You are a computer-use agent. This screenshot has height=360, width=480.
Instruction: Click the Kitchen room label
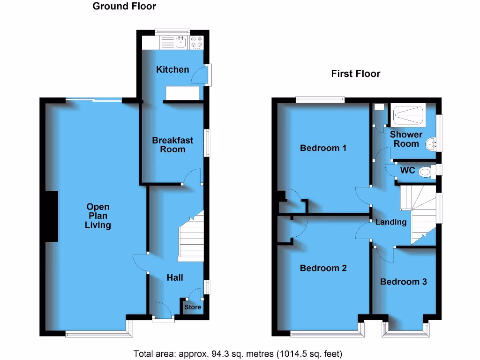point(172,69)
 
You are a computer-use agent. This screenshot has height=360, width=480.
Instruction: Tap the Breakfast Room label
point(172,144)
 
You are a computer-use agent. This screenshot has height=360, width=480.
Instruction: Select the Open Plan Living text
point(97,216)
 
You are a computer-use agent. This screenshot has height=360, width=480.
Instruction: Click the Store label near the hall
point(192,307)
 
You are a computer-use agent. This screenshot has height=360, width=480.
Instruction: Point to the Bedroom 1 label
point(323,148)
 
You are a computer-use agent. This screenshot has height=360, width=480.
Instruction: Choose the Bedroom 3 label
point(403,282)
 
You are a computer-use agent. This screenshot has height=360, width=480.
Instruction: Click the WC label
point(407,171)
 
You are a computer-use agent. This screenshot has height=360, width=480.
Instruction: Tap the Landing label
point(390,222)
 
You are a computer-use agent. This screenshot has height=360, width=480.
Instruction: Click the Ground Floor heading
point(124,6)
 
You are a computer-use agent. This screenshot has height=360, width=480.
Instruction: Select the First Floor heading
point(355,74)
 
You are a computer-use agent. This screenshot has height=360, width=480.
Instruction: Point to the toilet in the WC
point(425,172)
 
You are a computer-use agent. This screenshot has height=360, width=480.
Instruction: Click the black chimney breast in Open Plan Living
point(52,216)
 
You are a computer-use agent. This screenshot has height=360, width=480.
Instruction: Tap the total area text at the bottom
point(238,353)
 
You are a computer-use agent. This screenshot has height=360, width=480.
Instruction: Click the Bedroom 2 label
point(323,268)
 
